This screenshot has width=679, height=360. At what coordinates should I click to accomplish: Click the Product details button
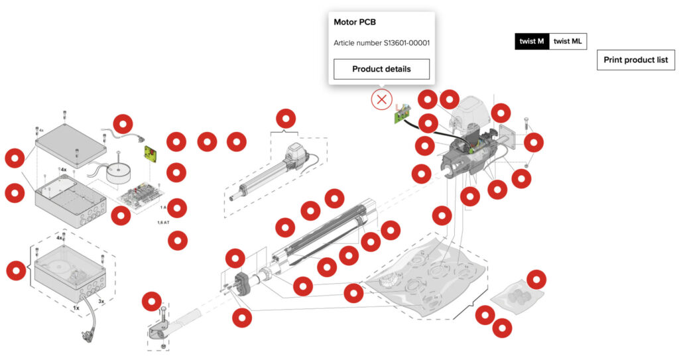[x=381, y=69]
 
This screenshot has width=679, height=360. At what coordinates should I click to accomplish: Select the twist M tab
[x=532, y=41]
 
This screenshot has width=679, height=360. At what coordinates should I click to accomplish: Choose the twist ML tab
[x=568, y=41]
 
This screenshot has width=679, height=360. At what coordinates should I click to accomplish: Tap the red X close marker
[x=381, y=100]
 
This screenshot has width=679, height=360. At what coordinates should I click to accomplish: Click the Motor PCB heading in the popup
[x=354, y=22]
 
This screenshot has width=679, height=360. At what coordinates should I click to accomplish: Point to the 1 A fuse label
[x=163, y=208]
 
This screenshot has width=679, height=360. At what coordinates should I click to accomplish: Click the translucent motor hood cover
[x=471, y=110]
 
